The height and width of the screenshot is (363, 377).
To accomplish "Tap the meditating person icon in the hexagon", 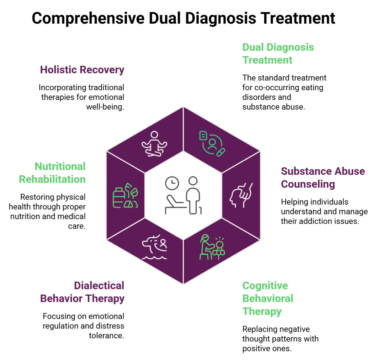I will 154,144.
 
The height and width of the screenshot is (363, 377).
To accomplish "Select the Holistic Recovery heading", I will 82,70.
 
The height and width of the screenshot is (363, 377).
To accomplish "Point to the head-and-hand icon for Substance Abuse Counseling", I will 241,195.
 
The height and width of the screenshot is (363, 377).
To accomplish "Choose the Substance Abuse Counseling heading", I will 323,177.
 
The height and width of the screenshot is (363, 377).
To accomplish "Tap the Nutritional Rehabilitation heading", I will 52,173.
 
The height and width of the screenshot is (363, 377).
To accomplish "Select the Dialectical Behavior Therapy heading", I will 82,292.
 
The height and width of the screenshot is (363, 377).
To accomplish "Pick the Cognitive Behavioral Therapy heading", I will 268,298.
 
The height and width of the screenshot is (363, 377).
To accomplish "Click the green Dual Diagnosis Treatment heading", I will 278,53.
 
